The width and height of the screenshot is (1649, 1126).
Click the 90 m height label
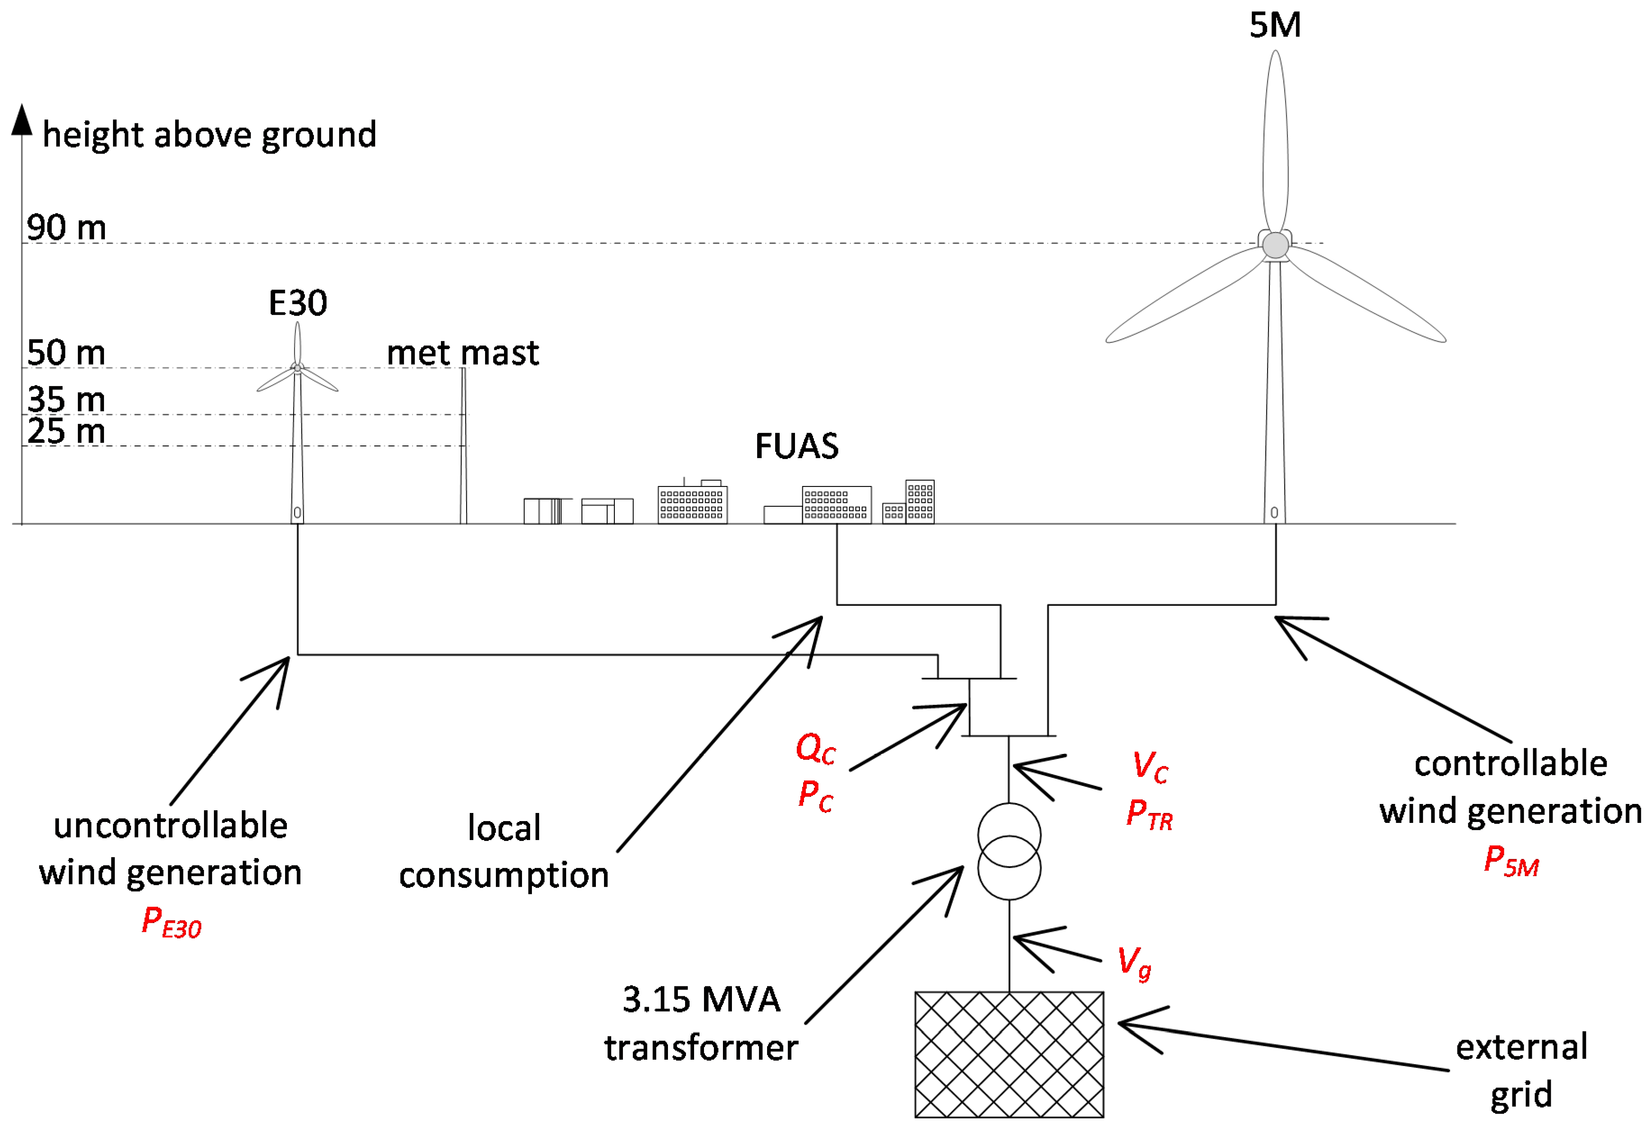(66, 228)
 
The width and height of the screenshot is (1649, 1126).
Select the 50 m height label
(66, 353)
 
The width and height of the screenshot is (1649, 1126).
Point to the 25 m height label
(66, 431)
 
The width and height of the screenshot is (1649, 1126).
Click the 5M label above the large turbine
(1275, 26)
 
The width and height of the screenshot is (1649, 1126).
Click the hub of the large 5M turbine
(1275, 245)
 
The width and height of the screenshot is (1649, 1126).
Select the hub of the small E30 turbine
(297, 368)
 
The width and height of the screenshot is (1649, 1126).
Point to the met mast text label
(463, 353)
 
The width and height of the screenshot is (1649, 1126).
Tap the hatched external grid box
(1009, 1054)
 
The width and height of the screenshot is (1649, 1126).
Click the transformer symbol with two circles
(1009, 851)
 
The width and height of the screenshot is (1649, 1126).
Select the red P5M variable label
(1511, 861)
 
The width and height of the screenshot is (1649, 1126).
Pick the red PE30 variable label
(171, 922)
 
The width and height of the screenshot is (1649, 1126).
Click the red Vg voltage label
(1134, 962)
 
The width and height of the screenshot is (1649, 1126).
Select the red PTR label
(1149, 814)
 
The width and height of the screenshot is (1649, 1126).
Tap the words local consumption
(504, 851)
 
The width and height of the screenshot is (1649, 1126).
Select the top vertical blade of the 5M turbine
(1275, 142)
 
